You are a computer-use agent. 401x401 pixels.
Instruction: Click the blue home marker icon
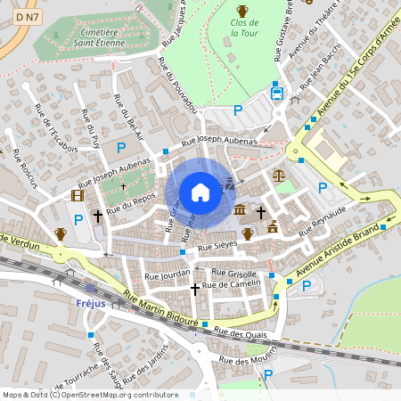[x=200, y=192]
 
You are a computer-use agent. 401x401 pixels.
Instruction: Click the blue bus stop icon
[x=277, y=91]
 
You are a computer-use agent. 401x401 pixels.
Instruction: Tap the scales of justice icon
[x=280, y=176]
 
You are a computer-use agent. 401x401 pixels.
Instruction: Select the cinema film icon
[x=78, y=195]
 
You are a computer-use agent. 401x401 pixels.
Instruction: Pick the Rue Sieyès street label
[x=217, y=245]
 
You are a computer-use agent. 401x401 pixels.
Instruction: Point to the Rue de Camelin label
[x=232, y=284]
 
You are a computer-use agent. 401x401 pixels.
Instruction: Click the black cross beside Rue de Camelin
[x=195, y=288]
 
